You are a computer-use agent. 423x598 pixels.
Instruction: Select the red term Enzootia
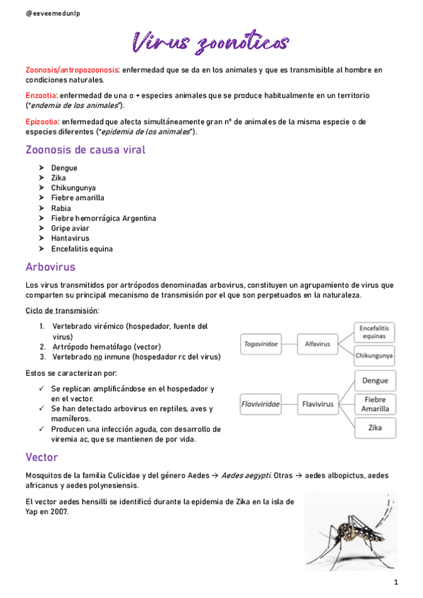pos(41,95)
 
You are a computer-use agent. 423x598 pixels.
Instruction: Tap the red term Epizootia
pos(42,121)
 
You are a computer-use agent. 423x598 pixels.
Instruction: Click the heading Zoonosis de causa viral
pos(85,149)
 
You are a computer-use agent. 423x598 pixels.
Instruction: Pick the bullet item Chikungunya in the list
pos(73,188)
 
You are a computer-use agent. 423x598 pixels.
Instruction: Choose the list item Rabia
pos(61,208)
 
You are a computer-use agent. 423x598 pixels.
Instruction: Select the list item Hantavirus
pos(71,238)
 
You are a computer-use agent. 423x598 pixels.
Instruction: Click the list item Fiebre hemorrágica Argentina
pos(103,219)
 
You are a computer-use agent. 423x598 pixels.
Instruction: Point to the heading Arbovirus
pos(50,267)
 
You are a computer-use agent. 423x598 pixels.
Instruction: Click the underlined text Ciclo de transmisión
pos(62,310)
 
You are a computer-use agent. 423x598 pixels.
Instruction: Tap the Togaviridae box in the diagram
pos(261,344)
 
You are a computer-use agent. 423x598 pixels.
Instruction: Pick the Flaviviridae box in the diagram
pos(261,404)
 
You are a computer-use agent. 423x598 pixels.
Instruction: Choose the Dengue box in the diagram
pos(374,381)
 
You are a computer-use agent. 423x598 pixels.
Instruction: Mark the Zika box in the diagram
pos(374,427)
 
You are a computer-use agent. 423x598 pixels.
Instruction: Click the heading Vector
pos(42,457)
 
